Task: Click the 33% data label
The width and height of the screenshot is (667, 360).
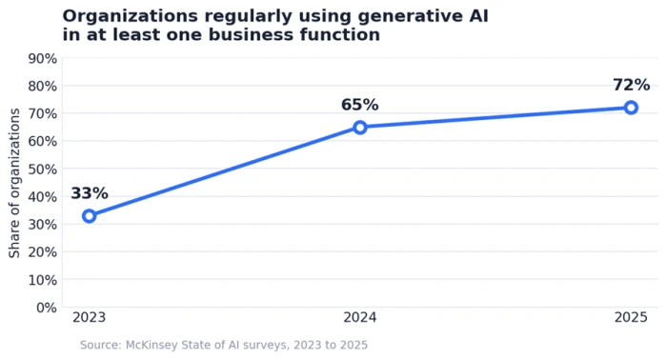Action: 90,193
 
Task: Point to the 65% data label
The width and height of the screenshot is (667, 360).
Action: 360,105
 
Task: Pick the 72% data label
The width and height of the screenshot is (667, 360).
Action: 631,85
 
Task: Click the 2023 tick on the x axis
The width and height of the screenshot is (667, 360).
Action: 89,317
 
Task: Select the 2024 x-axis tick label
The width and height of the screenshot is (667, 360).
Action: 360,317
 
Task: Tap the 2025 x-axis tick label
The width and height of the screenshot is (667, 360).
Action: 631,317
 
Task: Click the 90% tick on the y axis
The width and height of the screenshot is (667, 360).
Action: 43,59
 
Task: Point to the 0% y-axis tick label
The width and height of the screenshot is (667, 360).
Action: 47,308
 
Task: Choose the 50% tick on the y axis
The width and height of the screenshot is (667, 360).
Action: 43,170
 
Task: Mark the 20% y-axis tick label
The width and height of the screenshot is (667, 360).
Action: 43,252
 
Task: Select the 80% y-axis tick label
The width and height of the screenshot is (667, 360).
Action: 43,87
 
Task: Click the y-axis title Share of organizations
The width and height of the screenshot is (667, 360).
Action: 14,183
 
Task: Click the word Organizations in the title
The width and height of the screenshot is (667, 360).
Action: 131,16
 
